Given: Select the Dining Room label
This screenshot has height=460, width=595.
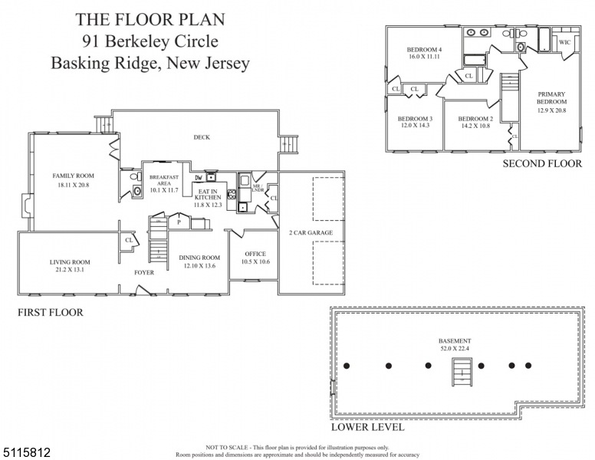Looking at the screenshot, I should (199, 258).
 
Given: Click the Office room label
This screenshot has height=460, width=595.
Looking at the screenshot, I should (255, 253).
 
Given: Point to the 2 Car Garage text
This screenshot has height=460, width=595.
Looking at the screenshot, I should (311, 232).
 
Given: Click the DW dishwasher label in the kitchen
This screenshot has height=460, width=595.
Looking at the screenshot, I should (199, 177).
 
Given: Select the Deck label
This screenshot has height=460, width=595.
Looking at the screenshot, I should (202, 137).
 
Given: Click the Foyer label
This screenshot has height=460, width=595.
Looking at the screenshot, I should (143, 272).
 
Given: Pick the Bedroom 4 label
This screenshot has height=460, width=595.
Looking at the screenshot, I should (423, 51).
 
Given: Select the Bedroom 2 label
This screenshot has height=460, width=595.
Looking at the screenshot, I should (475, 119).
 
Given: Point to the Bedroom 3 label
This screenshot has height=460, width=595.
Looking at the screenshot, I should (415, 119).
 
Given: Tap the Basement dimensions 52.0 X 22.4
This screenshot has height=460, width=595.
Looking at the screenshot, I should (455, 350).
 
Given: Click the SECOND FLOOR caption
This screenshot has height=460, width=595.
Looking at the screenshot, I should (541, 163).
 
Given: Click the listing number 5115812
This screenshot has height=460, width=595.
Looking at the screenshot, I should (26, 453).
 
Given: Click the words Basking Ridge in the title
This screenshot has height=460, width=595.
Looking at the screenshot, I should (104, 63).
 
